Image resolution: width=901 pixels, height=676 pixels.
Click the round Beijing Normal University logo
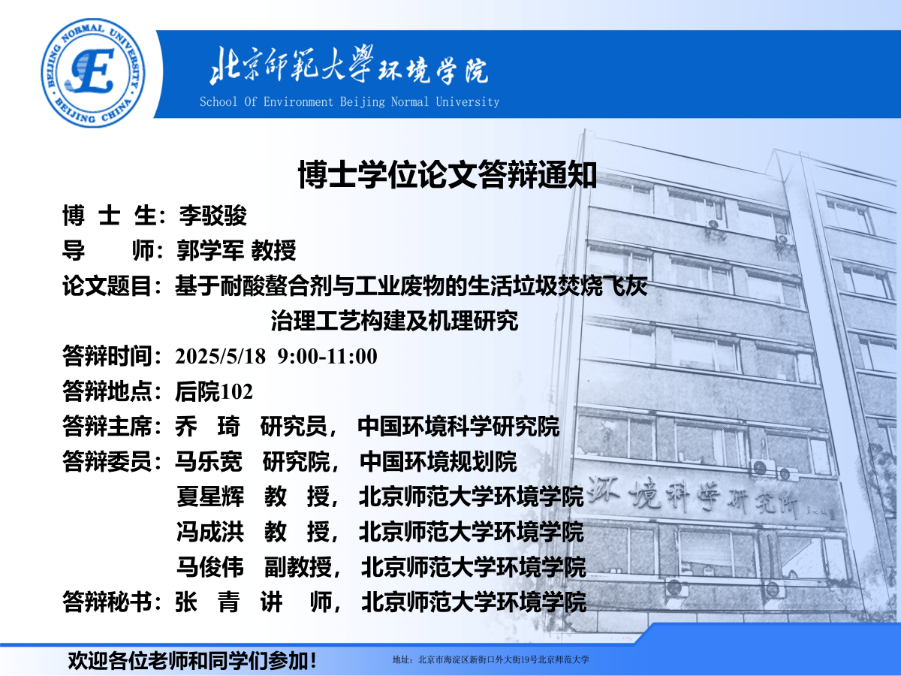click(93, 73)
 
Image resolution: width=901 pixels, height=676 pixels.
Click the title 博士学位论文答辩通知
click(447, 175)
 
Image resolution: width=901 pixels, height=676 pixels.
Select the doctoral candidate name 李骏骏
click(212, 216)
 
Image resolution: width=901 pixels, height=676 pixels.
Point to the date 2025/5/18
click(221, 356)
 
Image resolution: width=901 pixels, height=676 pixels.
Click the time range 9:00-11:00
click(327, 356)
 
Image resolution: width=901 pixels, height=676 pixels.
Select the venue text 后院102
click(214, 391)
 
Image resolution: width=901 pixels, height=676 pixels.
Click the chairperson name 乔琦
click(207, 427)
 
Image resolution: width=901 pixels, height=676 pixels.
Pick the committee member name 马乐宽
click(209, 462)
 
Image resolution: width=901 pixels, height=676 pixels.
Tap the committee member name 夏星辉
click(210, 496)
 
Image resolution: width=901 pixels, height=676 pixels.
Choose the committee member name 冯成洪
click(210, 532)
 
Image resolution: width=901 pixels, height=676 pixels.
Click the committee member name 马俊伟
click(210, 567)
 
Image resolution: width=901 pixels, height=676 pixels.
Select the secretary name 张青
click(207, 602)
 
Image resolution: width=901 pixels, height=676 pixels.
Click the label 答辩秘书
click(107, 602)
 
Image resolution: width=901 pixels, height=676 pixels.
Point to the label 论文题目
click(107, 285)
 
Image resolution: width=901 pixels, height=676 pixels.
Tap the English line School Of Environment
click(266, 102)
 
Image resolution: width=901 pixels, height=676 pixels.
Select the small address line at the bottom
click(490, 659)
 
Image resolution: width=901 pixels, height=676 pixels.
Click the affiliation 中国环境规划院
click(438, 462)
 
